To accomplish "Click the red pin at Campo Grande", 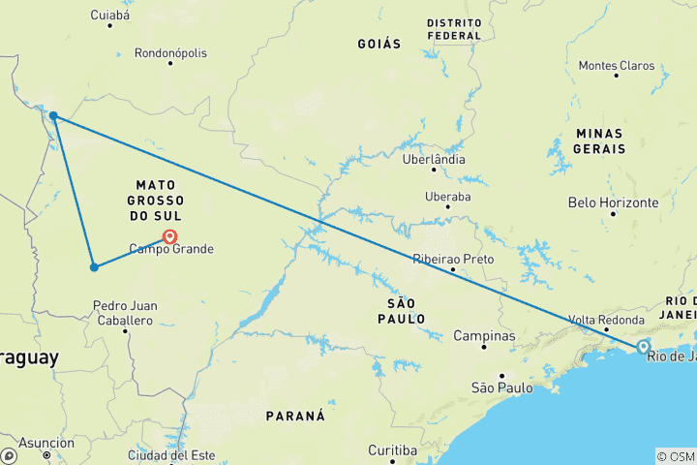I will (x=170, y=235).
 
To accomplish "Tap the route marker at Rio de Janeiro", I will (x=643, y=346).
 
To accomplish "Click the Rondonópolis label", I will (x=170, y=53).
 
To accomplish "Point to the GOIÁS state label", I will (x=379, y=44).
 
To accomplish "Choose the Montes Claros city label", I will (x=616, y=66).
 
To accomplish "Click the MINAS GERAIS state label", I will (x=600, y=140).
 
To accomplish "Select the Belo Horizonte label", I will (x=614, y=203).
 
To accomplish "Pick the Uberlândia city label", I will (x=434, y=160).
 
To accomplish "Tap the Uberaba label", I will (x=447, y=197).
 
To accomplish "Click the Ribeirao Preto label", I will (x=453, y=260).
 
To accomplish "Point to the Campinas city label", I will (x=484, y=336).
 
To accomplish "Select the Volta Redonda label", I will (x=607, y=321).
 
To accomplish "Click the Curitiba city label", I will (x=392, y=450).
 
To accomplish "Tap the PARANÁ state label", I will (x=295, y=416).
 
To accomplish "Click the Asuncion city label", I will (x=46, y=443).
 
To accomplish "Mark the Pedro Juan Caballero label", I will (x=124, y=313).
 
